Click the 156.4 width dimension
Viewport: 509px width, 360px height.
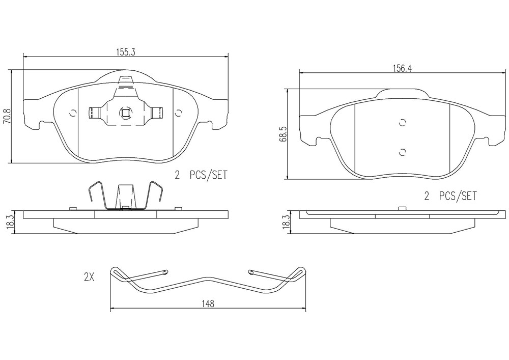(402, 68)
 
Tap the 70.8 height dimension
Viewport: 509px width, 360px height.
(7, 116)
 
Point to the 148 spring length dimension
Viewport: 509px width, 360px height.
(208, 303)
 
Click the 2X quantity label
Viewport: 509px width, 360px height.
(89, 277)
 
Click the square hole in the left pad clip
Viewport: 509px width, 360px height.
(126, 113)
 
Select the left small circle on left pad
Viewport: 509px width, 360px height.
(73, 113)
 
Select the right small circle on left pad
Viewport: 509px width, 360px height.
(178, 113)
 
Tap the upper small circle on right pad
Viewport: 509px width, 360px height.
(403, 123)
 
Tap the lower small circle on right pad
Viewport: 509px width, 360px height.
(403, 152)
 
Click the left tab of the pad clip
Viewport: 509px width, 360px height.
(94, 113)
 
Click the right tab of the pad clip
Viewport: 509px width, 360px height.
(158, 113)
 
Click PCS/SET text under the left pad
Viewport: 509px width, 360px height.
(209, 175)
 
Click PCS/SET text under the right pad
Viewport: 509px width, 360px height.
(458, 196)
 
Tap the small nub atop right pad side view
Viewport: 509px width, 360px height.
(402, 208)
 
